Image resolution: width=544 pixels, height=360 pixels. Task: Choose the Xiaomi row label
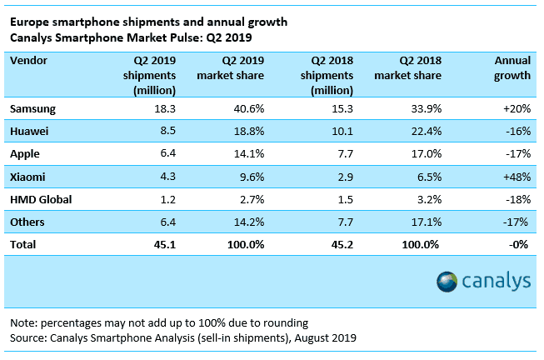(28, 177)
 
